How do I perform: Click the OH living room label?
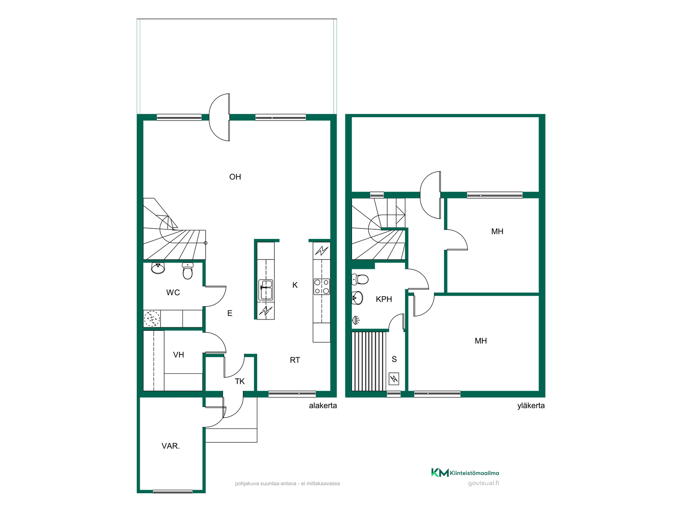(x=235, y=177)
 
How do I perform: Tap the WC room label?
(x=173, y=293)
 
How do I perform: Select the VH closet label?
(x=178, y=355)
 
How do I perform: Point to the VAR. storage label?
(x=170, y=446)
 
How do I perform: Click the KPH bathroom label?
(x=384, y=299)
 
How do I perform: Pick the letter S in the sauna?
(x=394, y=359)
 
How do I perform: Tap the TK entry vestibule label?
(x=240, y=382)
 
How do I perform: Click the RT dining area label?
(x=295, y=360)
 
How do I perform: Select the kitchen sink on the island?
(x=266, y=289)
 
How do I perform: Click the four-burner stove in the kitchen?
(x=321, y=287)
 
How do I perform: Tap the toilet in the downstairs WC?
(x=188, y=271)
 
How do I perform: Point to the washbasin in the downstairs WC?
(x=158, y=268)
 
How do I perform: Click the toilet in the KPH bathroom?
(x=360, y=279)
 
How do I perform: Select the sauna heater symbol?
(x=394, y=379)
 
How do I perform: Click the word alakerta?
(x=323, y=406)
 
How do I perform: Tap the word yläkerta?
(x=531, y=406)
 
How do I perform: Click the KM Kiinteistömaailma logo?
(x=465, y=473)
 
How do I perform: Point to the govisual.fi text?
(x=483, y=483)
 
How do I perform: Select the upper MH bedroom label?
(x=497, y=232)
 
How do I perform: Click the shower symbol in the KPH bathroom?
(x=356, y=320)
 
